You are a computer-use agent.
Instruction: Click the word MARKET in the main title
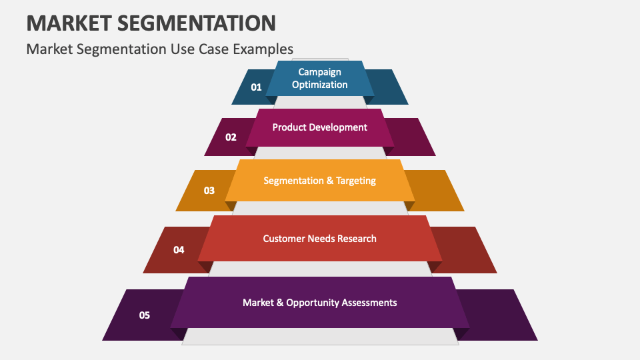pyautogui.click(x=69, y=23)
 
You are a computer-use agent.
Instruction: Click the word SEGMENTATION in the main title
pyautogui.click(x=197, y=23)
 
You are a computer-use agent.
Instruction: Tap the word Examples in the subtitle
pyautogui.click(x=263, y=49)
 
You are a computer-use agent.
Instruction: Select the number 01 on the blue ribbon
pyautogui.click(x=256, y=87)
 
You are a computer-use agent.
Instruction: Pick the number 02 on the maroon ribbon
pyautogui.click(x=231, y=137)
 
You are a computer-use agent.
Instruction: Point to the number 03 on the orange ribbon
pyautogui.click(x=209, y=191)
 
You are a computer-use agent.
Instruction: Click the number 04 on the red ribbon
pyautogui.click(x=179, y=250)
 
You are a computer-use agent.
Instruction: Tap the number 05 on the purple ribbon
pyautogui.click(x=145, y=315)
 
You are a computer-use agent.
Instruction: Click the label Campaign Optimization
pyautogui.click(x=319, y=79)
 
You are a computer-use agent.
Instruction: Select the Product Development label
pyautogui.click(x=319, y=127)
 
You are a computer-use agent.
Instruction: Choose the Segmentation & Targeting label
pyautogui.click(x=319, y=181)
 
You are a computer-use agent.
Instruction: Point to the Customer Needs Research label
pyautogui.click(x=319, y=239)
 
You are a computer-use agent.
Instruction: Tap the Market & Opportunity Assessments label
pyautogui.click(x=319, y=303)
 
